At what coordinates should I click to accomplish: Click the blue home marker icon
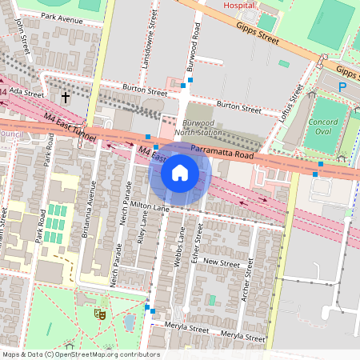[180, 173]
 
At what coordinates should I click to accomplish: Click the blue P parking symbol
[342, 86]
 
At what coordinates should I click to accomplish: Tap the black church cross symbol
[66, 98]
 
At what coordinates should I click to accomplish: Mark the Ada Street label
[27, 93]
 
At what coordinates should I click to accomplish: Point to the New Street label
[222, 262]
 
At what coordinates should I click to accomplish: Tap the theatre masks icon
[100, 314]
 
